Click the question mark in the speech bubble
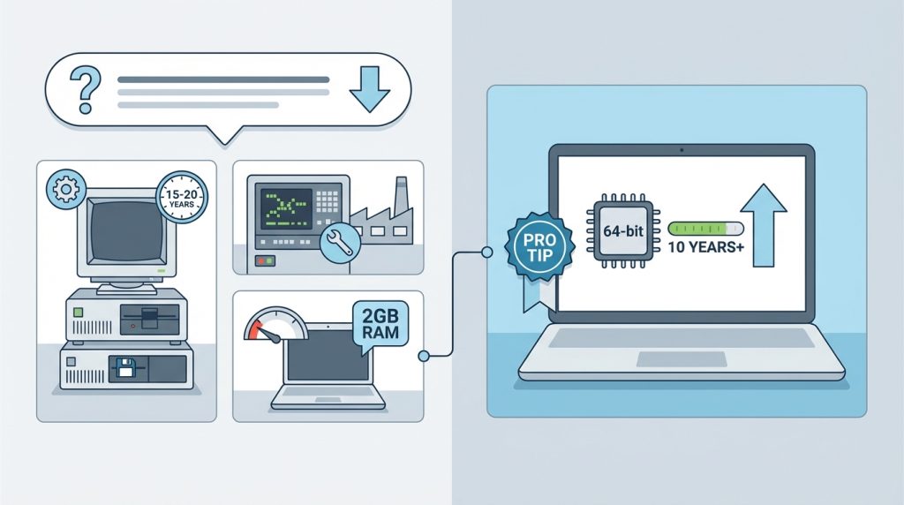(x=86, y=88)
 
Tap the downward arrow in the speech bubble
(x=370, y=89)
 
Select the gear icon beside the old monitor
(x=65, y=189)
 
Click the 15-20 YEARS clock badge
(x=182, y=196)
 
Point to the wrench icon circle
(x=340, y=243)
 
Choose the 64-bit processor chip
(x=623, y=231)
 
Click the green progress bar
(x=705, y=229)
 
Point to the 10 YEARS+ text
(x=705, y=247)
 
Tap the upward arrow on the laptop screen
(x=764, y=225)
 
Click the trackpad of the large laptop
(x=682, y=359)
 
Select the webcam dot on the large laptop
(x=682, y=150)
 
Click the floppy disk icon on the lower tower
(x=125, y=367)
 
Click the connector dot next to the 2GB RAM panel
(x=424, y=357)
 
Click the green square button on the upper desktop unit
(x=78, y=313)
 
